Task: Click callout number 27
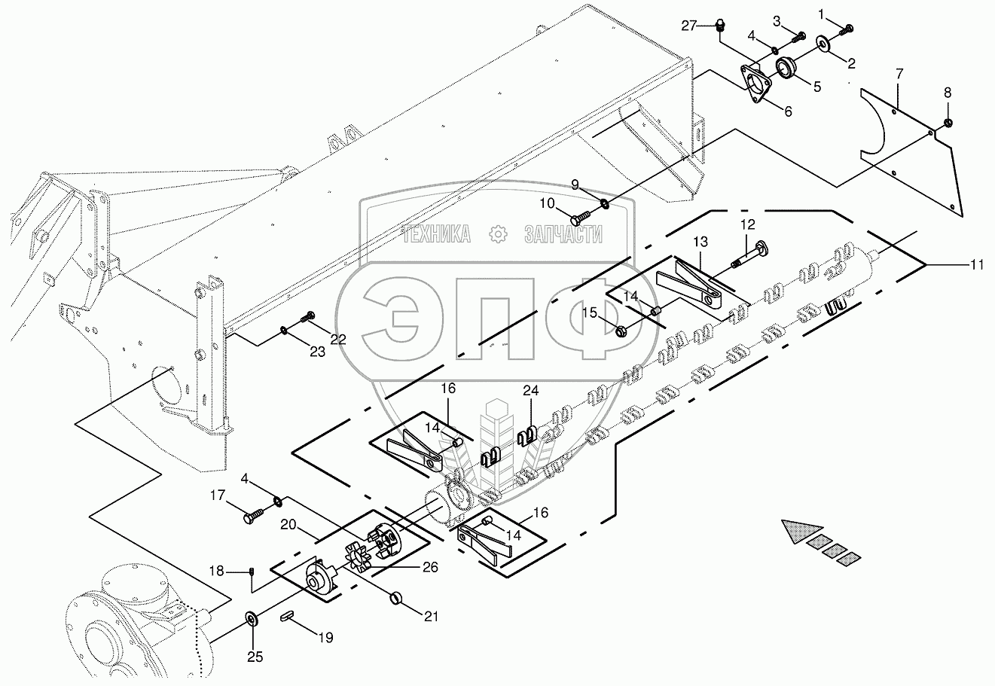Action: pyautogui.click(x=688, y=26)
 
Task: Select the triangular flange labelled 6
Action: pyautogui.click(x=755, y=84)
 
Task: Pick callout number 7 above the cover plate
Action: pyautogui.click(x=899, y=74)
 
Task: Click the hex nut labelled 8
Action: pyautogui.click(x=947, y=123)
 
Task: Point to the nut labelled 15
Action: pyautogui.click(x=621, y=331)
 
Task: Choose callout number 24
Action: pyautogui.click(x=530, y=391)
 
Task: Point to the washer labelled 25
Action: pyautogui.click(x=253, y=618)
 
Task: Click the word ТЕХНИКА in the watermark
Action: pyautogui.click(x=436, y=234)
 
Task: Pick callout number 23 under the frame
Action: pyautogui.click(x=317, y=352)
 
